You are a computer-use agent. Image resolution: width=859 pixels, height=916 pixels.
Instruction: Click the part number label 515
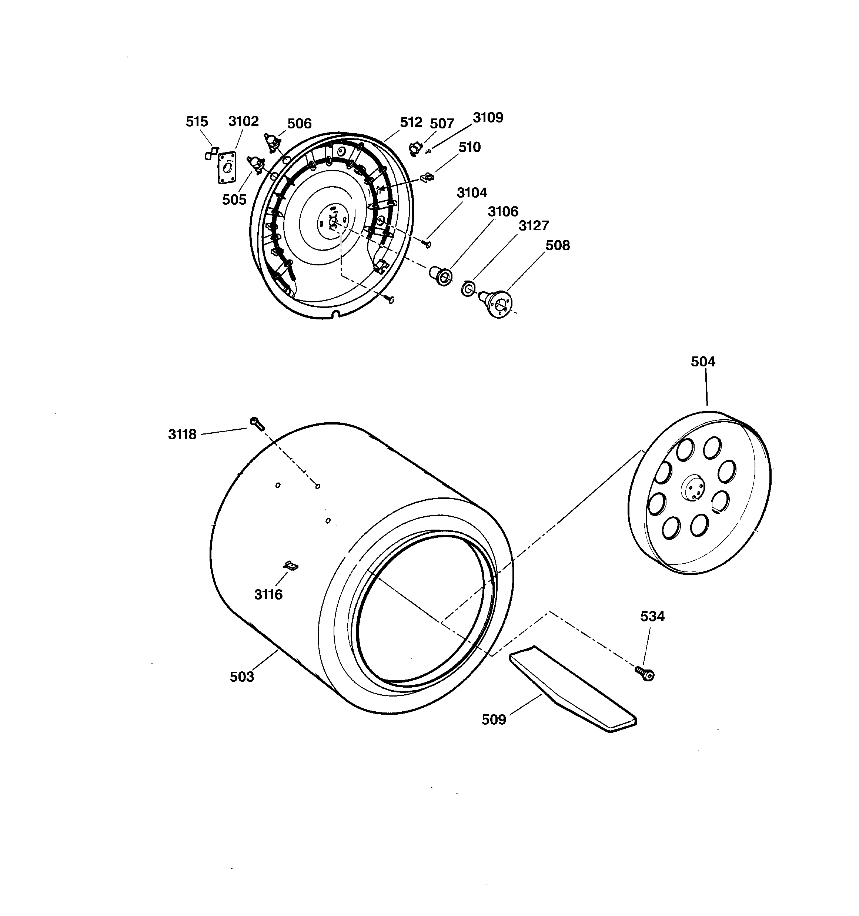point(197,122)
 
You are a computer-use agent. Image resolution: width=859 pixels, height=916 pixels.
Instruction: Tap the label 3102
point(244,121)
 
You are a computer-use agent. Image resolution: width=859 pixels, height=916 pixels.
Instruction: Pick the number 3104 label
point(472,192)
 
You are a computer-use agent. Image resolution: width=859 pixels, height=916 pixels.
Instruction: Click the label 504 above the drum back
point(703,362)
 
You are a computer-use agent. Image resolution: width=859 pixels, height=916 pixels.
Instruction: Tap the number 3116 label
point(268,594)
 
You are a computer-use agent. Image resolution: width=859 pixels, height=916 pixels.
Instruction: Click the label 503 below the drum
point(242,677)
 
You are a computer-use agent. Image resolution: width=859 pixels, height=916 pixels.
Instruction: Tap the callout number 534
point(652,617)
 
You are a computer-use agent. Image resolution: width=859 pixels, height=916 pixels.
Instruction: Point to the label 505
point(234,199)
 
